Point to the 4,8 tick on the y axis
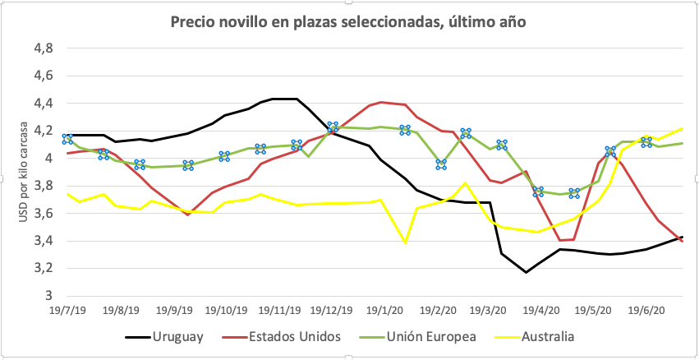point(43,48)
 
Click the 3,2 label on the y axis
point(43,268)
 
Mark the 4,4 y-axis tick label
point(43,104)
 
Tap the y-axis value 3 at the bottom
point(48,296)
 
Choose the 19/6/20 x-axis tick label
point(644,312)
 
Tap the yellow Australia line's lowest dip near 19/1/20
point(405,242)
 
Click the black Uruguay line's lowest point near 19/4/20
point(527,272)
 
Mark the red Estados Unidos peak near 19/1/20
point(382,102)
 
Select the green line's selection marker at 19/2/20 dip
point(441,164)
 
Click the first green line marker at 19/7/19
point(67,139)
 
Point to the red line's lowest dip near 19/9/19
point(187,215)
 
